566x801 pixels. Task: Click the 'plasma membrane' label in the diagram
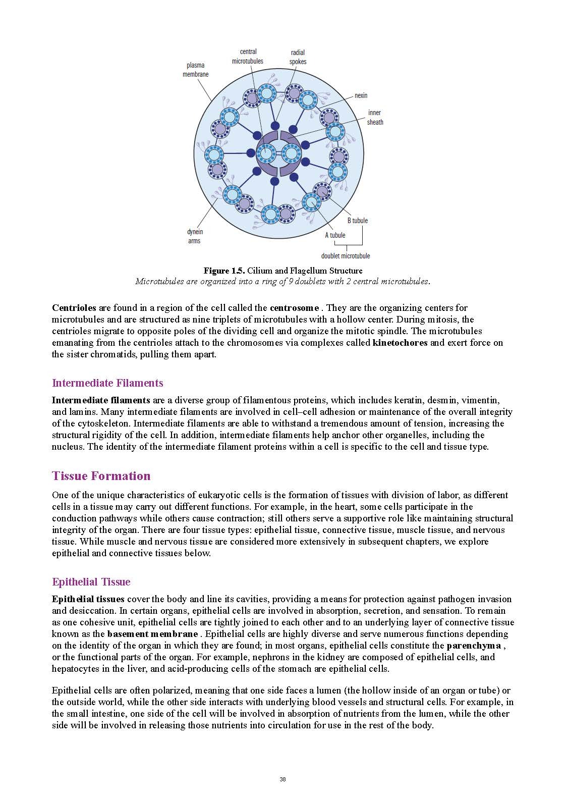[195, 70]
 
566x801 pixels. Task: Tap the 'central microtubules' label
[248, 56]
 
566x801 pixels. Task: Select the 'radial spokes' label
[298, 57]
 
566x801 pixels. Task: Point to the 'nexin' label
[361, 95]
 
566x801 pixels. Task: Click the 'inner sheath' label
[375, 117]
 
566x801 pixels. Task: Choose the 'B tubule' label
[357, 221]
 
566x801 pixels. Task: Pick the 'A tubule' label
[335, 235]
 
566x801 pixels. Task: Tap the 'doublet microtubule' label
[346, 256]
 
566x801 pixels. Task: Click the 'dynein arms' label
[195, 236]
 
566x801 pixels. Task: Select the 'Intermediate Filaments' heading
[107, 383]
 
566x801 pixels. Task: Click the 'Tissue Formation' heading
[101, 476]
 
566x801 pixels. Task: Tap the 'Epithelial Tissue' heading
[91, 582]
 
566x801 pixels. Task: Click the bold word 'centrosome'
[294, 308]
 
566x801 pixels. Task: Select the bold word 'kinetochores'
[400, 343]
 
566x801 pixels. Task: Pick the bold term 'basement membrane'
[152, 634]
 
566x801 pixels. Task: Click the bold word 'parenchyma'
[474, 646]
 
